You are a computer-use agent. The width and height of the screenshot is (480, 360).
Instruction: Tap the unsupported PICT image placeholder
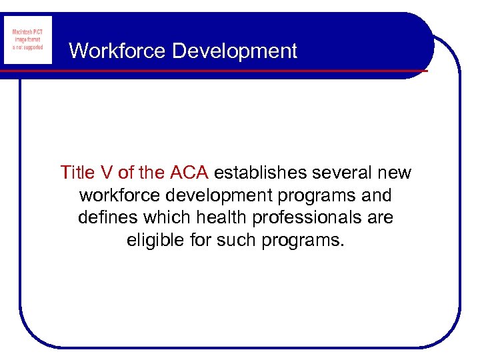point(28,40)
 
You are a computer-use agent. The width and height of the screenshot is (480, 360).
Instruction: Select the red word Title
point(77,173)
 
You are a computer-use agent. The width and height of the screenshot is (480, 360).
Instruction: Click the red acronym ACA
point(189,173)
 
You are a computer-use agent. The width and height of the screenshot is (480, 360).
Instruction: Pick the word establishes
point(261,173)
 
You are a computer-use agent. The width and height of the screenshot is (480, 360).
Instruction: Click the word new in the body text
point(395,173)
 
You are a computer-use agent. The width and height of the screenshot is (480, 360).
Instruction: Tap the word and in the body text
point(377,196)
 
